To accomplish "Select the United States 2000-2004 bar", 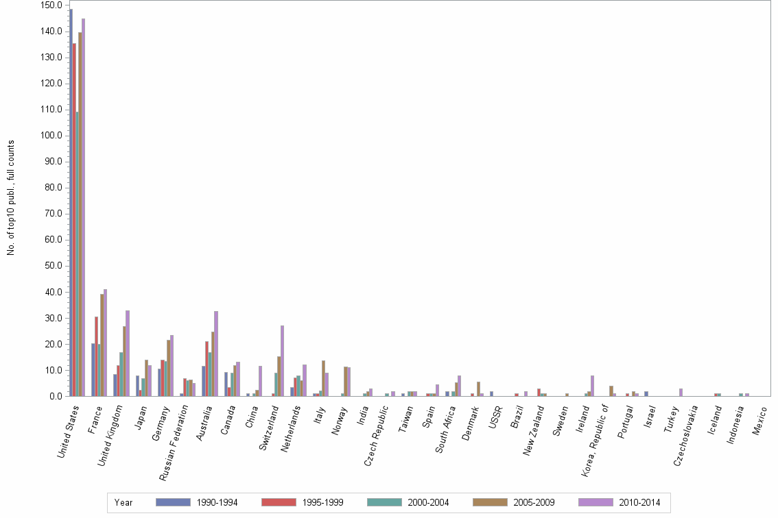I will (77, 254).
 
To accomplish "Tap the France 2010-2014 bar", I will (105, 343).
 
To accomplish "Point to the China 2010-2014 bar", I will (260, 381).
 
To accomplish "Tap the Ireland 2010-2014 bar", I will (591, 386).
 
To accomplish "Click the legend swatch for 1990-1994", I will (172, 502).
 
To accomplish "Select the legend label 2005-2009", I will (534, 503).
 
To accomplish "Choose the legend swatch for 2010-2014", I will (595, 502).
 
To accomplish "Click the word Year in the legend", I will (123, 503).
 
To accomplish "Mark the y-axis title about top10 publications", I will (11, 198).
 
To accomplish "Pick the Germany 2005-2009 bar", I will (169, 368).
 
